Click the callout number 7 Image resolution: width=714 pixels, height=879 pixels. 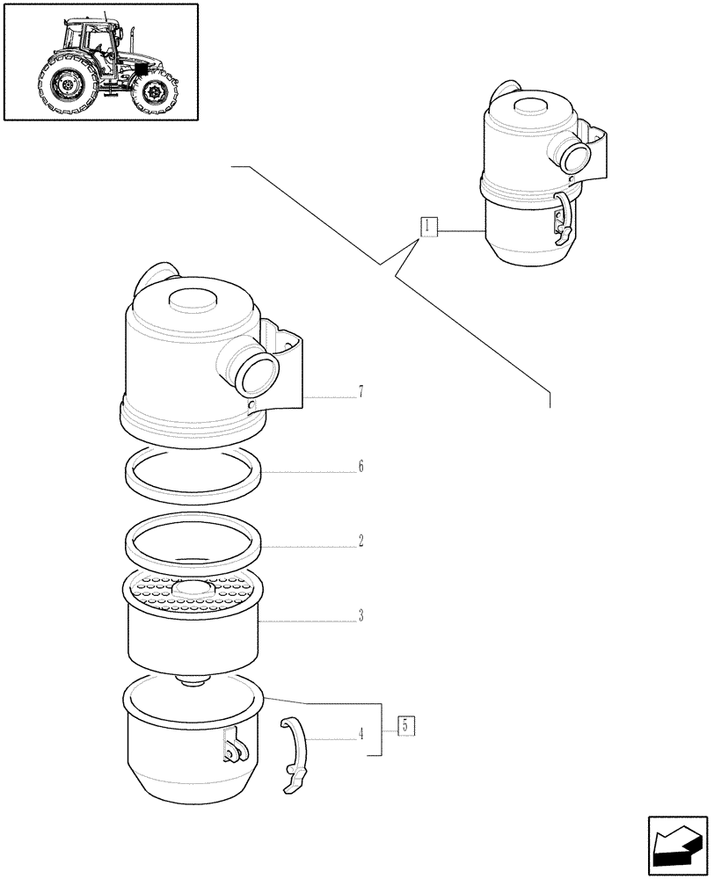click(x=361, y=392)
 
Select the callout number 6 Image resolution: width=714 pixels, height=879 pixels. click(x=361, y=467)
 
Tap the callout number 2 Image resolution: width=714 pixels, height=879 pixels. click(x=361, y=541)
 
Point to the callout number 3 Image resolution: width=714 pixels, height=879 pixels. click(x=361, y=616)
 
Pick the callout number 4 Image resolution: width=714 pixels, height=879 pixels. click(x=361, y=734)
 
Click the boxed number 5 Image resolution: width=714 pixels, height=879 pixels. click(x=405, y=726)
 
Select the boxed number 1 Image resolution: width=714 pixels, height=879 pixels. click(x=427, y=227)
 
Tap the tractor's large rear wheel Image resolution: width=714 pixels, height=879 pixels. click(x=67, y=85)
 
